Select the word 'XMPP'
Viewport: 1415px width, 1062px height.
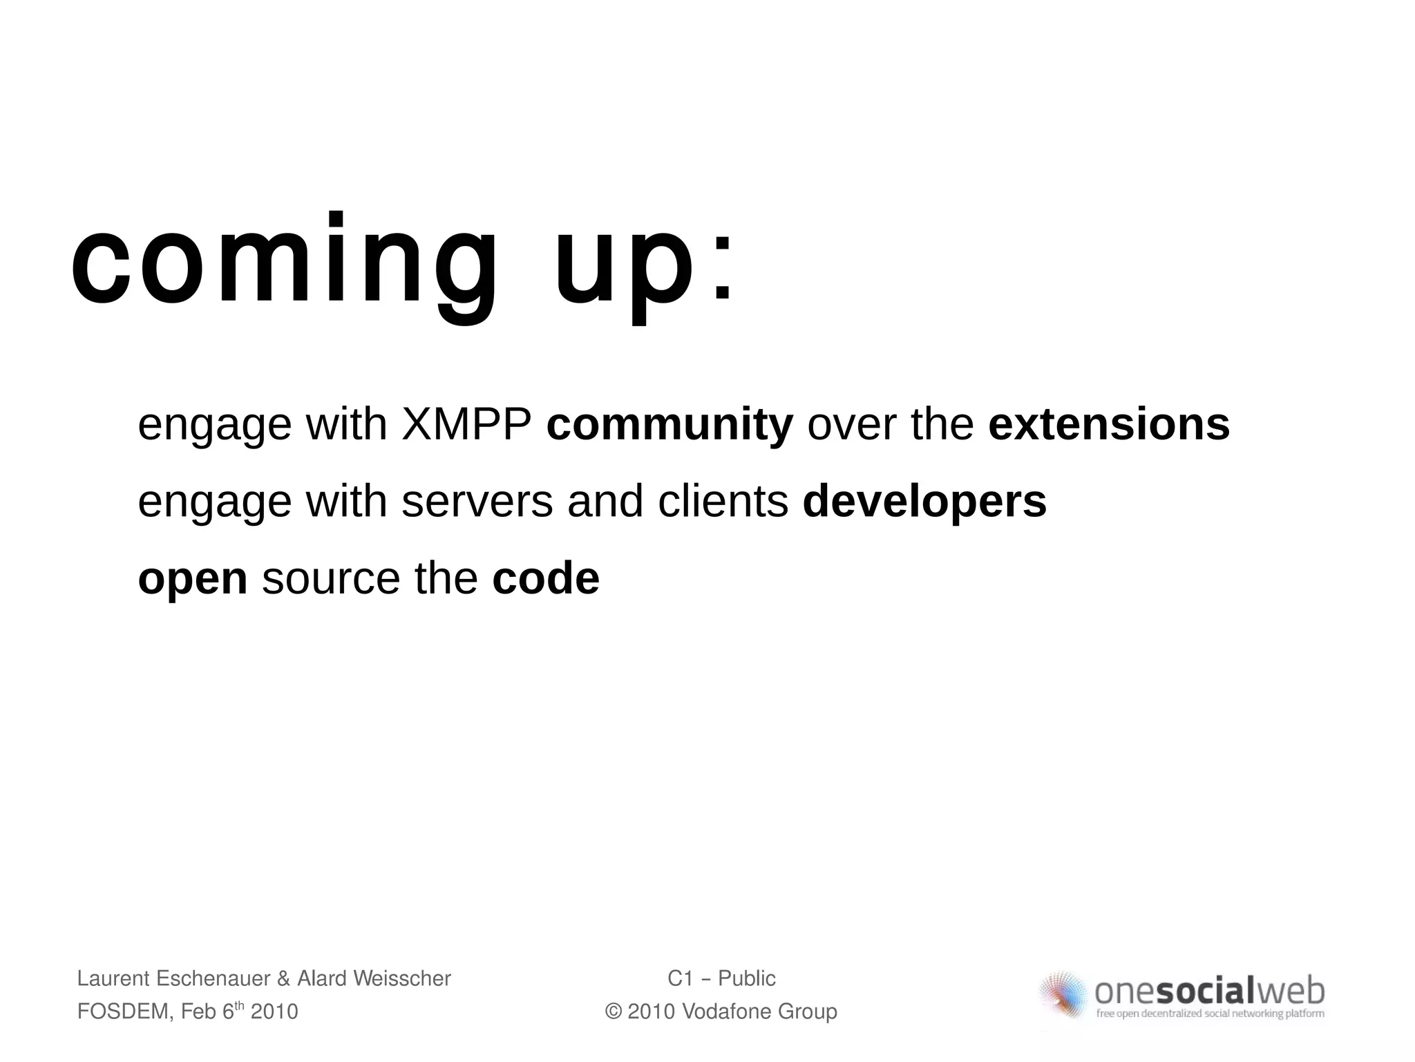(x=466, y=424)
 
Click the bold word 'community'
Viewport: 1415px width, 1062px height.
(x=669, y=424)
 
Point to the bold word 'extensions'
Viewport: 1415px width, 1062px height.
(x=1109, y=424)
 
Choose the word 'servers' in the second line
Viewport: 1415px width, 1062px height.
(x=477, y=502)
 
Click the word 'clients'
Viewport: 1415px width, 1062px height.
(x=723, y=502)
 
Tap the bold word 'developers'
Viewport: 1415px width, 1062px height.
(x=924, y=502)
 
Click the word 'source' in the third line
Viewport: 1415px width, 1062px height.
(x=331, y=579)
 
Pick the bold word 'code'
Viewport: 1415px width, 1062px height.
(x=545, y=579)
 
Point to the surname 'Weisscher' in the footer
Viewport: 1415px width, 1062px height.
(x=401, y=978)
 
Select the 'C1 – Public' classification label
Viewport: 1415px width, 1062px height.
(x=721, y=978)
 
